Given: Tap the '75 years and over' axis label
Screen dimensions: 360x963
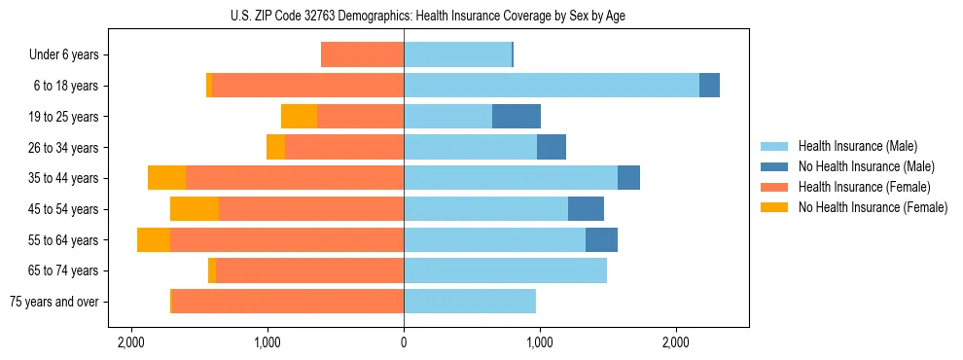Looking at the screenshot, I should coord(54,302).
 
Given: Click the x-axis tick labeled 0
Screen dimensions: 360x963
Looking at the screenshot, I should coord(404,342).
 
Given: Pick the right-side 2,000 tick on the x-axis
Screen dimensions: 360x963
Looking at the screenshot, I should coord(676,342).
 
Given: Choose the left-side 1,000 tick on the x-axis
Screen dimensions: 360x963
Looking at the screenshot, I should coord(267,342).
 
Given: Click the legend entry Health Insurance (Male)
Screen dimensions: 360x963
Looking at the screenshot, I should coord(856,146).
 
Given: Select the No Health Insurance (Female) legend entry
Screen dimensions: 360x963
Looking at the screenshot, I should coord(873,207).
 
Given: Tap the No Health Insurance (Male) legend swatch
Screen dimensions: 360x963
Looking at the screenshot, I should coord(775,166).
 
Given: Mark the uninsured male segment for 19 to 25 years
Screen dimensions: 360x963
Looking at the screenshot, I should coord(517,117).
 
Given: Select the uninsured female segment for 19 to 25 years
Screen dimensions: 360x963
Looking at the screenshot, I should coord(300,117).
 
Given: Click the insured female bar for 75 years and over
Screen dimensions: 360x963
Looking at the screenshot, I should coord(288,302).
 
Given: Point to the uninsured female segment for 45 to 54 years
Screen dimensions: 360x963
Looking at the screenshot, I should coord(195,209).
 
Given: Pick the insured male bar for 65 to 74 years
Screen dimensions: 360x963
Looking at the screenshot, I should coord(505,270).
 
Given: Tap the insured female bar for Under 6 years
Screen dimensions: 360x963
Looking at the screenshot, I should coord(362,55).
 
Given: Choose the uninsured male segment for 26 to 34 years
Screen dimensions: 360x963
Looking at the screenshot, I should coord(552,147).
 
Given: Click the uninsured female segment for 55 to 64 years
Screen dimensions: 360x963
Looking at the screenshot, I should coord(154,240).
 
